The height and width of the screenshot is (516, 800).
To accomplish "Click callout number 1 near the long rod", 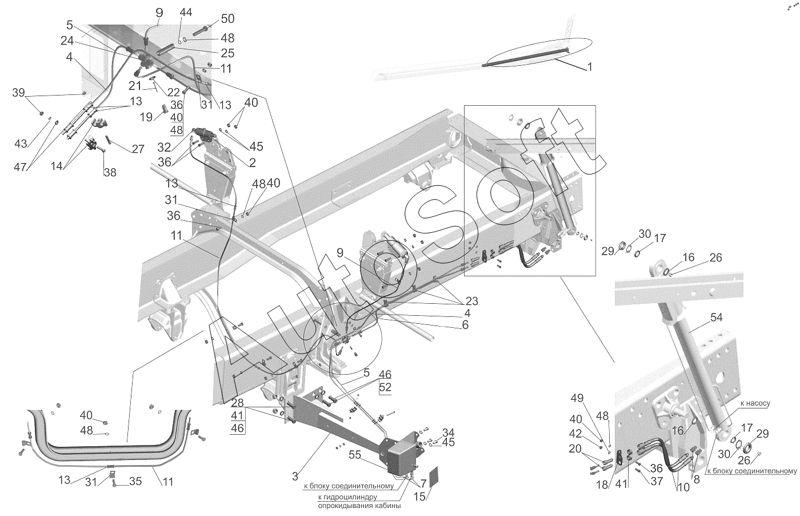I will pyautogui.click(x=589, y=67).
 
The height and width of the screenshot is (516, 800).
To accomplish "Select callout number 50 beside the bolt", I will pyautogui.click(x=211, y=19).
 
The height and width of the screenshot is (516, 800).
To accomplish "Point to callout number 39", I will pyautogui.click(x=19, y=93).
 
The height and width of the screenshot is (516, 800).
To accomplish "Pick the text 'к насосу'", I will pyautogui.click(x=755, y=403).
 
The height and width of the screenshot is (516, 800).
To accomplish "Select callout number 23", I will pyautogui.click(x=471, y=301).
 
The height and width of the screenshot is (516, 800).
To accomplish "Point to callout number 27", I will pyautogui.click(x=138, y=150).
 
